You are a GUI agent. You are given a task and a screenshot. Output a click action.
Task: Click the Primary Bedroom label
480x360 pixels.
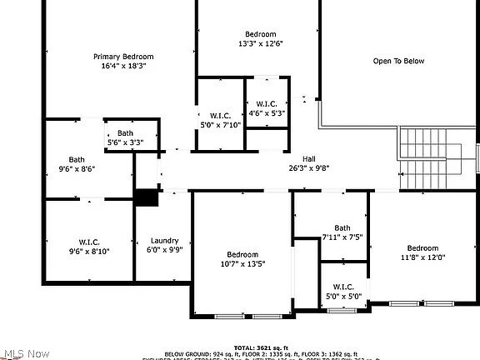[123, 57]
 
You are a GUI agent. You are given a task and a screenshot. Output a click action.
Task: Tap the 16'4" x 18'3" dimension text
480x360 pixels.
[123, 66]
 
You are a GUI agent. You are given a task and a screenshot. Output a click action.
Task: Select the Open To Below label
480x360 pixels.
[398, 61]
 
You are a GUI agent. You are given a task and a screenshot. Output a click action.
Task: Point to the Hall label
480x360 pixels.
[308, 158]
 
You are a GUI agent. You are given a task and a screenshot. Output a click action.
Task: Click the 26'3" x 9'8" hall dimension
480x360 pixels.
[308, 167]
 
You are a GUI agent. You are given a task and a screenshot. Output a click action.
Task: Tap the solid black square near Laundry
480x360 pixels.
[147, 197]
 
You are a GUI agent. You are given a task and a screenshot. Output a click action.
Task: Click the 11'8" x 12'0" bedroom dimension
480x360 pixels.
[422, 257]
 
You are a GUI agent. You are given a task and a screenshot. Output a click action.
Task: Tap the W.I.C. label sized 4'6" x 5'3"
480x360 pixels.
[267, 103]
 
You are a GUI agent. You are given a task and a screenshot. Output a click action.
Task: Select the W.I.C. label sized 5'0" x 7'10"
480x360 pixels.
[220, 115]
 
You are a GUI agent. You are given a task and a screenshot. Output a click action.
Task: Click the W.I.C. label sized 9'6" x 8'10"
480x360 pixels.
[89, 242]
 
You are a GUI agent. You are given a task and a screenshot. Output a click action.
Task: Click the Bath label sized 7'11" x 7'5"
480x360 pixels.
[342, 227]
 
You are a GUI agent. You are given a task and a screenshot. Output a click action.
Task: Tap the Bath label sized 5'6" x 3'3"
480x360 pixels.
[125, 133]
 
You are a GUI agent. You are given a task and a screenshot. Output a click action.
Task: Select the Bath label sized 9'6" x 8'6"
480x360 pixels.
[77, 159]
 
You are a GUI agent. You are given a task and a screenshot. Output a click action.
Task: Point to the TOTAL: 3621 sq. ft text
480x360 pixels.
[261, 347]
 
